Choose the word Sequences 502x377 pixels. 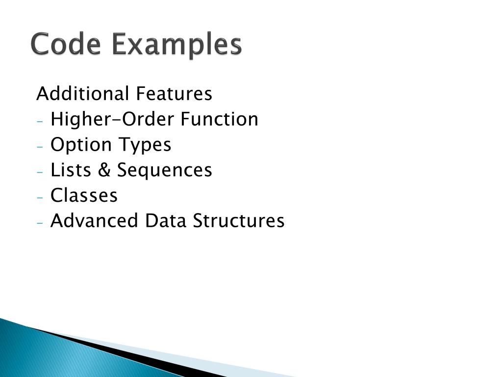(165, 170)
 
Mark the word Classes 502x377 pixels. (84, 195)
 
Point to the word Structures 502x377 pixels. (238, 221)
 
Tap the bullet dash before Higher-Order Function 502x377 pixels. (40, 121)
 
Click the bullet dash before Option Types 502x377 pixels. (40, 146)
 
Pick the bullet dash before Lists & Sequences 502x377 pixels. (40, 172)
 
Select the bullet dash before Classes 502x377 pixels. (40, 197)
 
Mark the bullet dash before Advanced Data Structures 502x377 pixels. (40, 222)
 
